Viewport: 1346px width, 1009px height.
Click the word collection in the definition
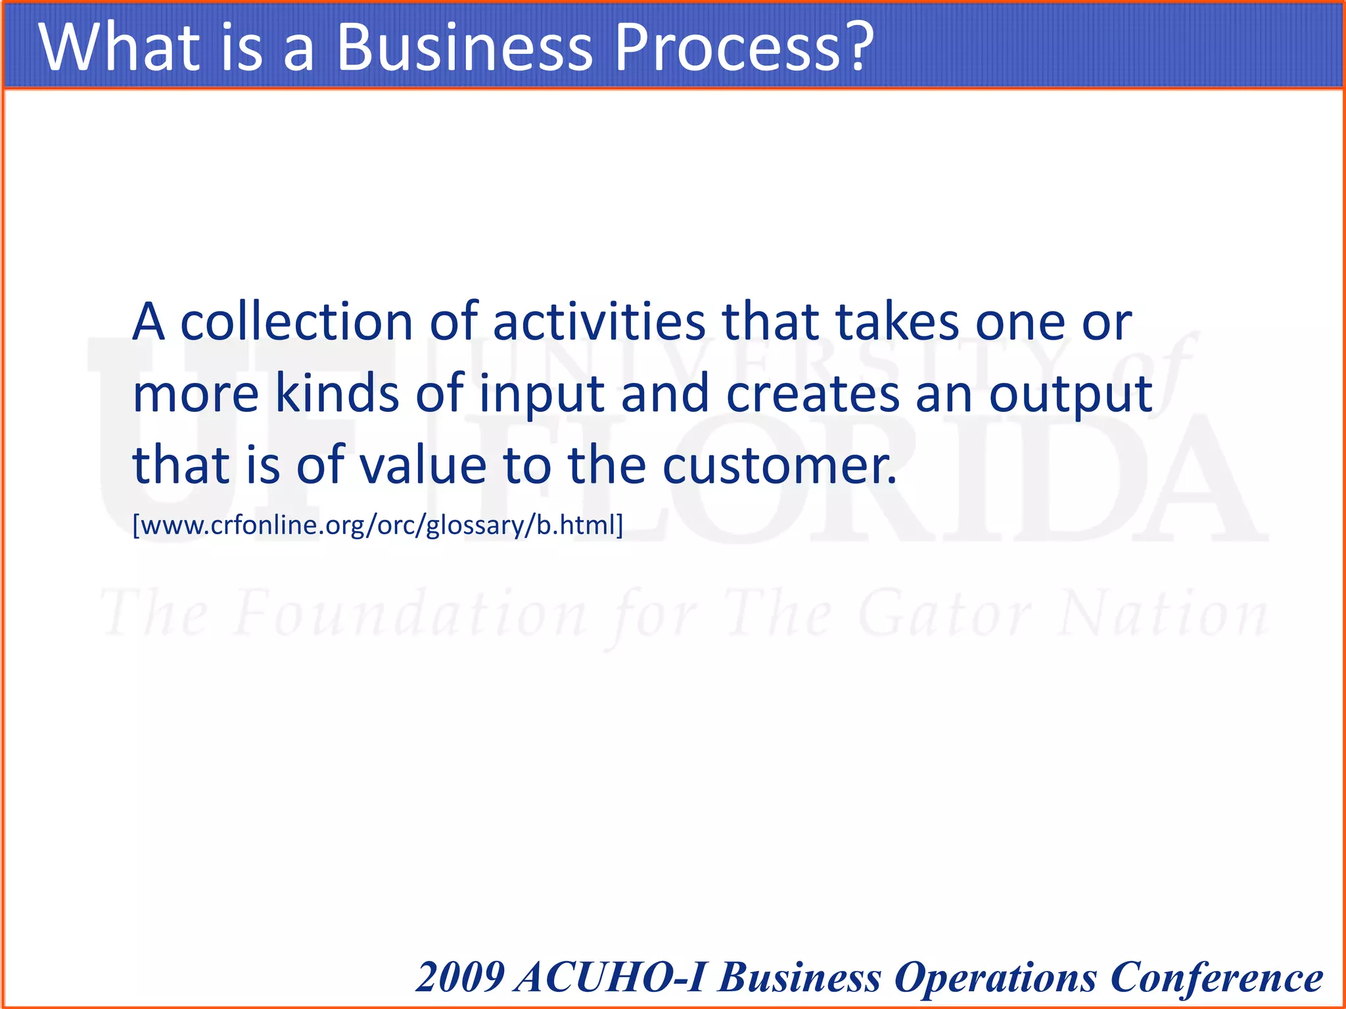(296, 322)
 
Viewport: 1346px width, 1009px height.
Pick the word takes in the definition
(897, 322)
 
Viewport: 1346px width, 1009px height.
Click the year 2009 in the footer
(461, 977)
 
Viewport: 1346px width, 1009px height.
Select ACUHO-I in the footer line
(611, 977)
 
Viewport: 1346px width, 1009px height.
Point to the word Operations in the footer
(996, 978)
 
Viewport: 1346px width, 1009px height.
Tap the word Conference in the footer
(1217, 977)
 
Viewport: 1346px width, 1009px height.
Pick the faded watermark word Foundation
(411, 614)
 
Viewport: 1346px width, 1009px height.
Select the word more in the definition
(196, 393)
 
